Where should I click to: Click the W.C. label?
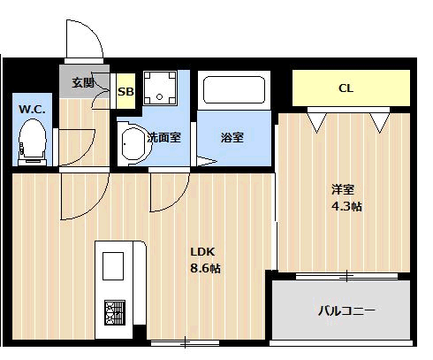[x=32, y=110]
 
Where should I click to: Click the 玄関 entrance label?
[x=84, y=82]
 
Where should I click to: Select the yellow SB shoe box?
[x=125, y=91]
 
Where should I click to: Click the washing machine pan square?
[x=160, y=88]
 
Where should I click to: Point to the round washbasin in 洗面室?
[x=134, y=143]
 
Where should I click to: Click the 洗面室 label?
[x=163, y=137]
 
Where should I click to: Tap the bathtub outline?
[x=234, y=90]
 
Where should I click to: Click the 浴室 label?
[x=232, y=137]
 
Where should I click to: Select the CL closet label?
[x=346, y=88]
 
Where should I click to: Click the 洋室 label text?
[x=343, y=189]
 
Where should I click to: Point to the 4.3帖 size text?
[x=346, y=206]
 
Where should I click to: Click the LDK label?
[x=202, y=252]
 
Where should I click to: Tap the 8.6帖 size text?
[x=206, y=268]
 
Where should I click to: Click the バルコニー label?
[x=347, y=310]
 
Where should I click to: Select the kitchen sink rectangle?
[x=113, y=266]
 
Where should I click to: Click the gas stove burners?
[x=115, y=312]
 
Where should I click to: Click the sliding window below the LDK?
[x=185, y=343]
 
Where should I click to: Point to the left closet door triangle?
[x=317, y=122]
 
